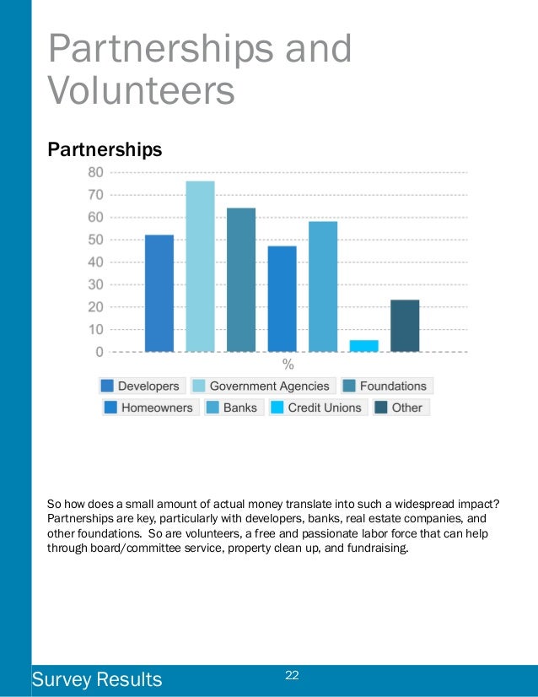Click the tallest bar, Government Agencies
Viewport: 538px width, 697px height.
[x=200, y=266]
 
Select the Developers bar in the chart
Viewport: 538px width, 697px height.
[x=159, y=293]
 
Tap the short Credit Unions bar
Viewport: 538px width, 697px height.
[x=364, y=345]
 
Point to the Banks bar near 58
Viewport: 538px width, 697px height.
[x=323, y=286]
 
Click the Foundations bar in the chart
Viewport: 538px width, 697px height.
[x=241, y=279]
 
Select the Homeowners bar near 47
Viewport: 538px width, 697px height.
[x=282, y=298]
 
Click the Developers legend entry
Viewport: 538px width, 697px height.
[x=140, y=386]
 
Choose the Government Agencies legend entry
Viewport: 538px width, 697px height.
[x=263, y=386]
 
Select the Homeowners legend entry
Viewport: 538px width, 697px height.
[x=148, y=408]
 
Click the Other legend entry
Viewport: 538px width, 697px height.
[x=401, y=408]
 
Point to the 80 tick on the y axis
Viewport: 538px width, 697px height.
[x=95, y=172]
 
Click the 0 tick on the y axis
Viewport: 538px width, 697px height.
[x=100, y=351]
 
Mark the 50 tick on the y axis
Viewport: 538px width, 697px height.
[x=95, y=240]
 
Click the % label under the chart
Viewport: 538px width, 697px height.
[x=288, y=365]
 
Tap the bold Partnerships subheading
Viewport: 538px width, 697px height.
[x=105, y=149]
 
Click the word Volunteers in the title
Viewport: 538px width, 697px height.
[x=142, y=90]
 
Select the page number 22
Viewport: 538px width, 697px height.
[x=293, y=674]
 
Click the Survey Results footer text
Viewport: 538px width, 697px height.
[x=96, y=679]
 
